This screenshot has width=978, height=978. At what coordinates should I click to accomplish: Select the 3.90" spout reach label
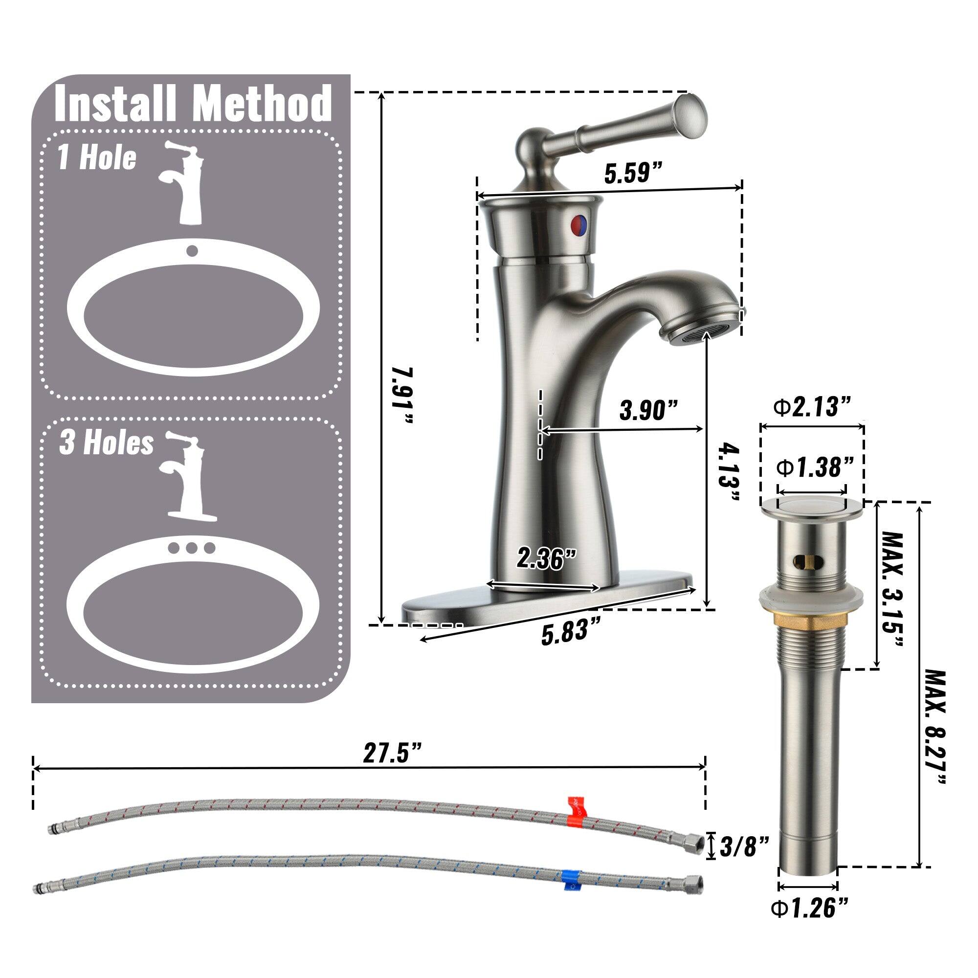(649, 410)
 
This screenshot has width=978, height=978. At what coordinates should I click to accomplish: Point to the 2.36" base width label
(547, 559)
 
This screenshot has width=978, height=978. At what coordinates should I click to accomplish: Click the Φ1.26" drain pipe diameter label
(808, 923)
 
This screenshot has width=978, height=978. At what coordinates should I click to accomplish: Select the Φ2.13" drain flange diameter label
(812, 407)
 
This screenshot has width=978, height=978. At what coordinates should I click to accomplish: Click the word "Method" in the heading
(263, 104)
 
